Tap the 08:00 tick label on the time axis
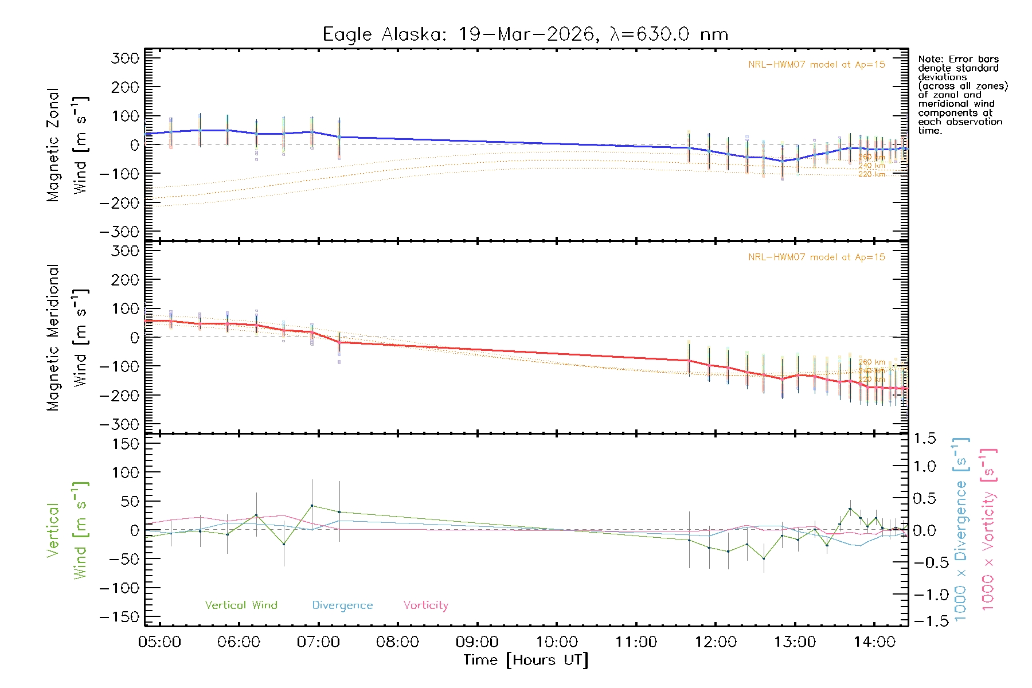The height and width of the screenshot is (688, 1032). click(397, 642)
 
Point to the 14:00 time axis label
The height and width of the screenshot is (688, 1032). click(874, 642)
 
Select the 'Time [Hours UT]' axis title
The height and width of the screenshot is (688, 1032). click(526, 660)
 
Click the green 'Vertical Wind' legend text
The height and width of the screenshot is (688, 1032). click(241, 605)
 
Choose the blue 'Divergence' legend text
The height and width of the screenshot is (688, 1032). click(342, 605)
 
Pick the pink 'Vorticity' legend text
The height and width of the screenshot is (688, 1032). click(425, 605)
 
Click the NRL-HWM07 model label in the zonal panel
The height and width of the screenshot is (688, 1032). click(816, 65)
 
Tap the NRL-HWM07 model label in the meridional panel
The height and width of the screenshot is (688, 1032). click(816, 257)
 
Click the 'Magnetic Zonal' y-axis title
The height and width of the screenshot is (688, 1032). click(53, 145)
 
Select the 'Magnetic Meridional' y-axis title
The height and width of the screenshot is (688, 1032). click(53, 338)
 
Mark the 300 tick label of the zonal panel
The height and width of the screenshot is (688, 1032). click(125, 58)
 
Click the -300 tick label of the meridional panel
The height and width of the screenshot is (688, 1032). click(119, 425)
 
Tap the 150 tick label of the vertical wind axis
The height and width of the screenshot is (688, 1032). click(125, 444)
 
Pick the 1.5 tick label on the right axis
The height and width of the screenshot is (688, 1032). click(925, 439)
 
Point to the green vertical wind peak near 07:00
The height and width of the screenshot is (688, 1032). click(312, 506)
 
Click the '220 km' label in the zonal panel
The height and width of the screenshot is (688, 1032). click(871, 174)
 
